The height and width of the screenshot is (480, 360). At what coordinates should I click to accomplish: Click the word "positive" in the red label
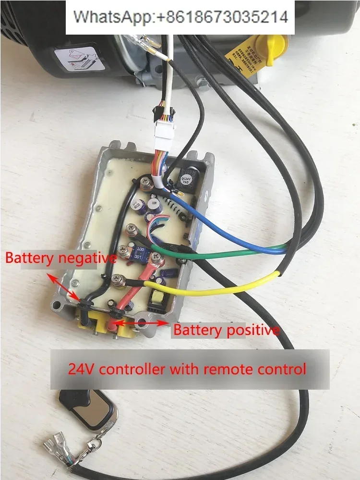click(x=253, y=330)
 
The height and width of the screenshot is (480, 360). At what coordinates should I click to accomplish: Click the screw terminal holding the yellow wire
click(x=116, y=279)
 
